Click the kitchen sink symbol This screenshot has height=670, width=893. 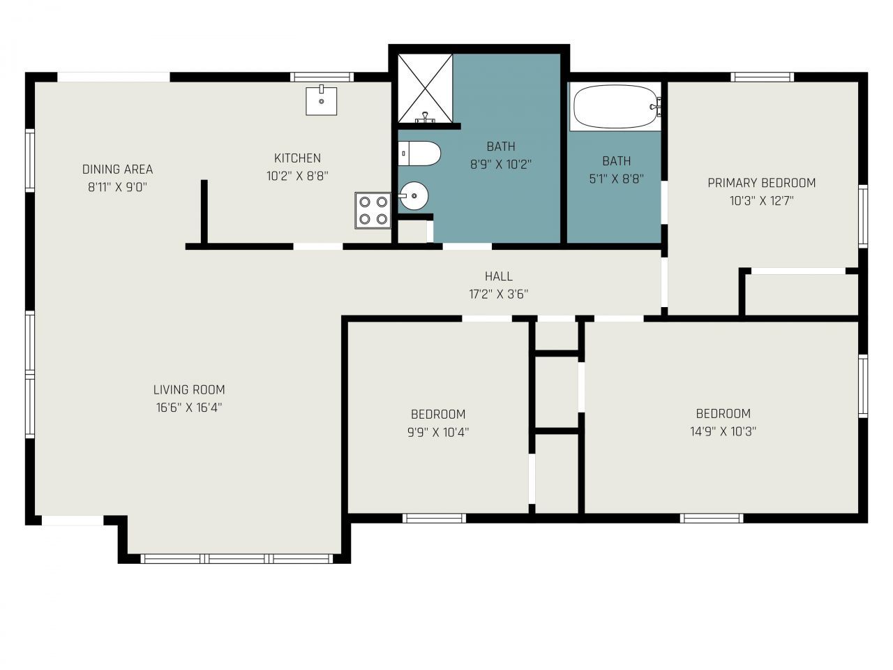[321, 100]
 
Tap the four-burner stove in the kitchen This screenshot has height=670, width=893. [372, 210]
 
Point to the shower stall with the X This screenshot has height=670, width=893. [425, 88]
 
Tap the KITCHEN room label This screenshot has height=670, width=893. [297, 158]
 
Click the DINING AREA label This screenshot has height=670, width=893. [117, 169]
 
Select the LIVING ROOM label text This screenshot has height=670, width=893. [189, 389]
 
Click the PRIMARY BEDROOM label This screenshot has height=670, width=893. [761, 183]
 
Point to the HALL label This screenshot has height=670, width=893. [499, 276]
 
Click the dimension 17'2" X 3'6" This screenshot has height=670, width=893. [499, 295]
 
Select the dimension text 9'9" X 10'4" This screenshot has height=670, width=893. [437, 432]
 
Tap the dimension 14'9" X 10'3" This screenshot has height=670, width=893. [723, 431]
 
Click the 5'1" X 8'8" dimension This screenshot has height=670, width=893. [616, 179]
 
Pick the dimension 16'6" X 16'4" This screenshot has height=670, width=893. [189, 408]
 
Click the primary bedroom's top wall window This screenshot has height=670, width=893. [762, 77]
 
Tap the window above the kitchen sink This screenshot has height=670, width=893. [322, 77]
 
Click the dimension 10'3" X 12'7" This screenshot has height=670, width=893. [761, 201]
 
